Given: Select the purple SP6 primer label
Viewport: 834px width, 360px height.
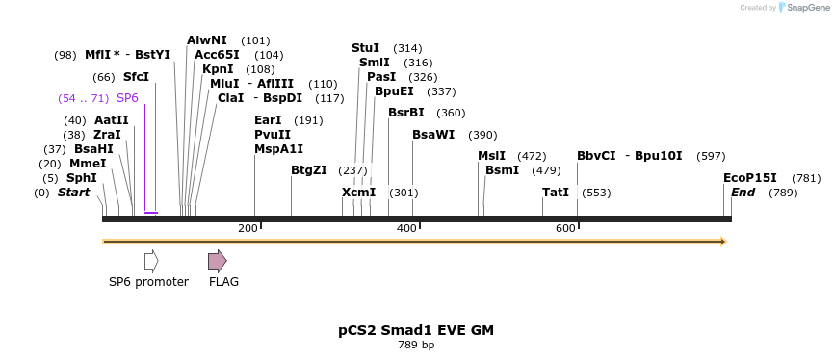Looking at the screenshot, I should pyautogui.click(x=127, y=98).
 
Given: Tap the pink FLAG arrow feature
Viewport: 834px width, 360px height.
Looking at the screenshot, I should pyautogui.click(x=218, y=261).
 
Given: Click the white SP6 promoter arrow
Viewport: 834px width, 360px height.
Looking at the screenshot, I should pyautogui.click(x=151, y=261).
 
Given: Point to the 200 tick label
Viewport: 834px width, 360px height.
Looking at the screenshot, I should pyautogui.click(x=248, y=228).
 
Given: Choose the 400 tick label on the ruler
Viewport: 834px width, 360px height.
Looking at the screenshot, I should pyautogui.click(x=406, y=228).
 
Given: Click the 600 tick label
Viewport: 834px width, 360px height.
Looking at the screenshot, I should pyautogui.click(x=565, y=228).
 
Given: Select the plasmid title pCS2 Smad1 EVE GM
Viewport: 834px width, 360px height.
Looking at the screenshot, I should pyautogui.click(x=416, y=329).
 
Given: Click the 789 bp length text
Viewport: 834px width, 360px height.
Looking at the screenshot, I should pyautogui.click(x=416, y=345).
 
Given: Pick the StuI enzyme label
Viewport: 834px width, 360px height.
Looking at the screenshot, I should pyautogui.click(x=365, y=48).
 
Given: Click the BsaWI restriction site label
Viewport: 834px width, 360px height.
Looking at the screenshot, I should pyautogui.click(x=433, y=135).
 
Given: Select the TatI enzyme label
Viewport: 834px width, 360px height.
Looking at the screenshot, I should pyautogui.click(x=556, y=193).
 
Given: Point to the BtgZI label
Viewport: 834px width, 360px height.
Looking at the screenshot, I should pyautogui.click(x=309, y=170).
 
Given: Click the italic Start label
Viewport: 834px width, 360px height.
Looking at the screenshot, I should pyautogui.click(x=73, y=193).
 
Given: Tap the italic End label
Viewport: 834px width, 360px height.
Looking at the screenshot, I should pyautogui.click(x=743, y=193).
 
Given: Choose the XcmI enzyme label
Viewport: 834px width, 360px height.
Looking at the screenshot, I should pyautogui.click(x=359, y=193).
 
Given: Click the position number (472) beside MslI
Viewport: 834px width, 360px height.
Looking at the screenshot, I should pyautogui.click(x=532, y=156).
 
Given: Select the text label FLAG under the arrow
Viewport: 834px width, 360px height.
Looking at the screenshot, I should pyautogui.click(x=223, y=282).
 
